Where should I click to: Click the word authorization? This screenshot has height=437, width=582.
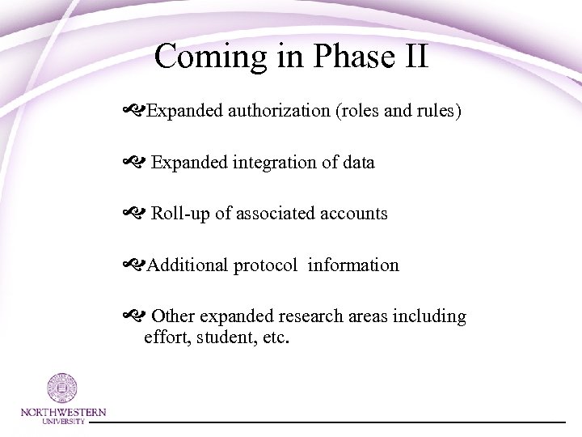[275, 110]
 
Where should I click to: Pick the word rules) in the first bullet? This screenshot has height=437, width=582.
[438, 110]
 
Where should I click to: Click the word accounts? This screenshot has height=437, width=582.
[354, 214]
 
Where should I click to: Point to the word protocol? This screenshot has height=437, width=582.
[266, 265]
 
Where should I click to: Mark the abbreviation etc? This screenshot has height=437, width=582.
[273, 336]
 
